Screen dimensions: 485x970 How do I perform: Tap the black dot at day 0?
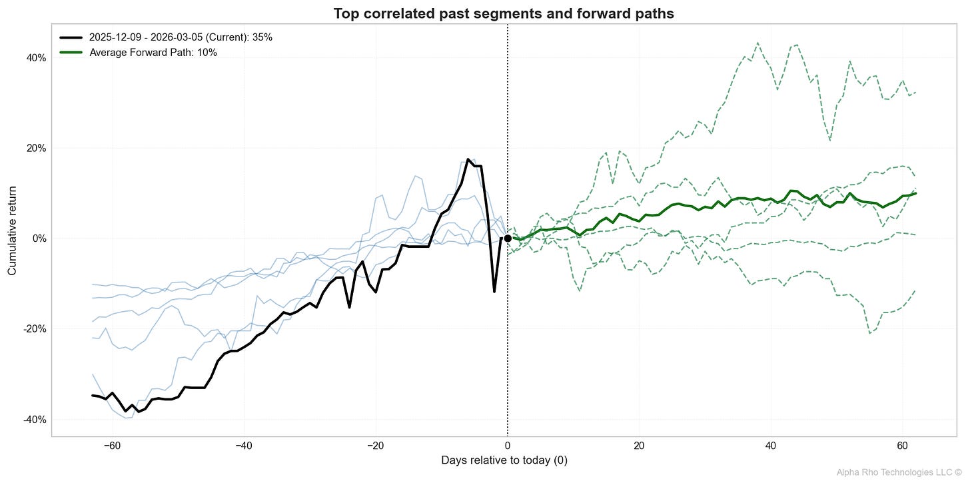(x=508, y=238)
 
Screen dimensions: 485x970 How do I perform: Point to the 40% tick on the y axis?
(x=37, y=58)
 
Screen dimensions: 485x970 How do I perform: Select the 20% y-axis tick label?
(x=37, y=148)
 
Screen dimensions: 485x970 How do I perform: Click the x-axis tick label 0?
(x=508, y=445)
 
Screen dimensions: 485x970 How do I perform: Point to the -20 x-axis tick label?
(x=376, y=445)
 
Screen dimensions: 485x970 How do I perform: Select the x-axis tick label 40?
(x=771, y=445)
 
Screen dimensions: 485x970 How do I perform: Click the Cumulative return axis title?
(x=12, y=239)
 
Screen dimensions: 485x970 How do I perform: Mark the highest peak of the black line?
(x=468, y=159)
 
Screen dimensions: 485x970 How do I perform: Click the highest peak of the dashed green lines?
(x=757, y=43)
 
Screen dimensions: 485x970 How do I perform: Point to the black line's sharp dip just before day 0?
(x=494, y=291)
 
